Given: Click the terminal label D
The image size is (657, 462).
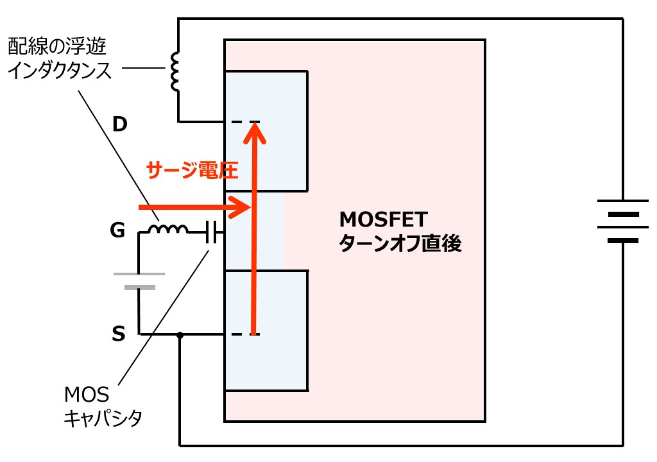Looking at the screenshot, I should click(120, 124).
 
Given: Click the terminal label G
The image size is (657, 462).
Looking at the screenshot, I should click(117, 230).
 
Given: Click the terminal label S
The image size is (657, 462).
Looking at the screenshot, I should click(118, 334).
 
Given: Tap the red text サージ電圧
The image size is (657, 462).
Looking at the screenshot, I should click(192, 169).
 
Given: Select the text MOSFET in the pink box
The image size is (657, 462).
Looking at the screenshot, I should click(382, 220).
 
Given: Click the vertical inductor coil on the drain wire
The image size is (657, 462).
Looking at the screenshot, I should click(175, 71).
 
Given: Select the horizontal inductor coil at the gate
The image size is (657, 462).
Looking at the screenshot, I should click(169, 229).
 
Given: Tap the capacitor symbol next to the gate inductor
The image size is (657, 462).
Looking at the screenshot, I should click(212, 232).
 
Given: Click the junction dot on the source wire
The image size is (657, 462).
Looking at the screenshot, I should click(180, 334).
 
